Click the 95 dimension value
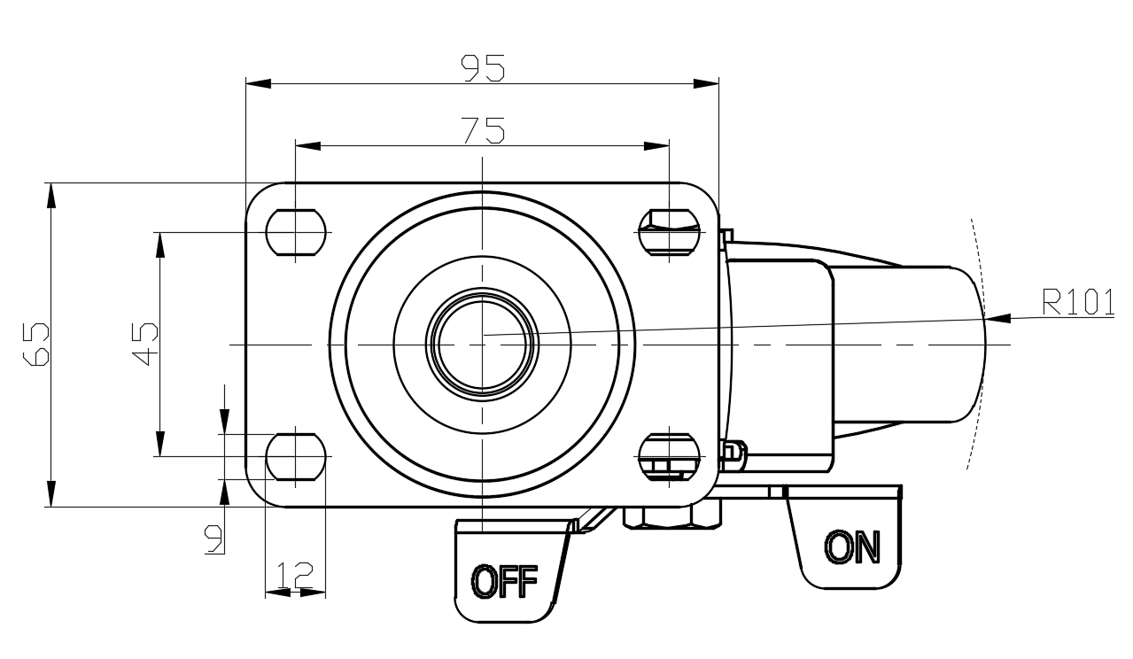(483, 68)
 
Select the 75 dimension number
(484, 130)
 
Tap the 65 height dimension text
(36, 344)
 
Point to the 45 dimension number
(145, 344)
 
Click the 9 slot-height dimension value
(213, 539)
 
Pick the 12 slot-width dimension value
(295, 575)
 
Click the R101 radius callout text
(1078, 302)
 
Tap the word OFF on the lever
(504, 582)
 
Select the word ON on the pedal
(852, 547)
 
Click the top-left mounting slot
(296, 232)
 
